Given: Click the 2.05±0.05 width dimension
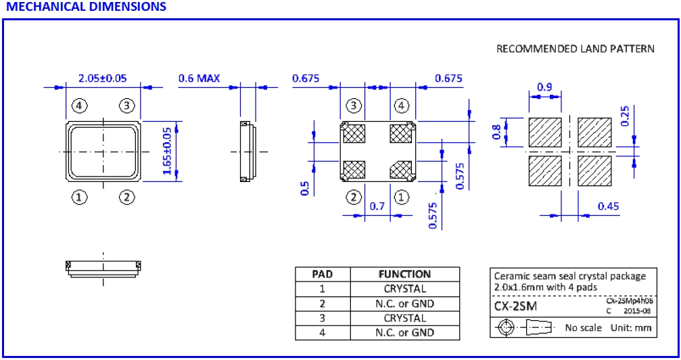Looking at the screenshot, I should coord(102,78).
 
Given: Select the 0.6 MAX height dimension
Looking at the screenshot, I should coord(199,78).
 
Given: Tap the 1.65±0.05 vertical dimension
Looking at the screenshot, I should coord(168,152).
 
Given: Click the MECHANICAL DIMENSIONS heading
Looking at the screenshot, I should coord(85,7).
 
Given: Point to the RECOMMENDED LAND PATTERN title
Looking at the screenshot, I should coord(576,49).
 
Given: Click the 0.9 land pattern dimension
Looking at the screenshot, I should coord(545,87).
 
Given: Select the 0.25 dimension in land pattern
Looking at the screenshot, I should coord(624,116).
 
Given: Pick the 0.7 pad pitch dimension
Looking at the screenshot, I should coord(377,206).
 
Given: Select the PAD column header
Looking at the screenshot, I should coord(322,274).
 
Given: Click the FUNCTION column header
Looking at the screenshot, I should coord(404,274).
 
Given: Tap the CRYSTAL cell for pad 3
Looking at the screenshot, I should coord(404,318).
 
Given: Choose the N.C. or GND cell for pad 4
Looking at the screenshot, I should coord(404,332).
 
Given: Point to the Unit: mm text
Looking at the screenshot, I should coord(631,328).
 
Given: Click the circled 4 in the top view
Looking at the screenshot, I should coord(80,106).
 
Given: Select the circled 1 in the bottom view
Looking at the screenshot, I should coord(402,198).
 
